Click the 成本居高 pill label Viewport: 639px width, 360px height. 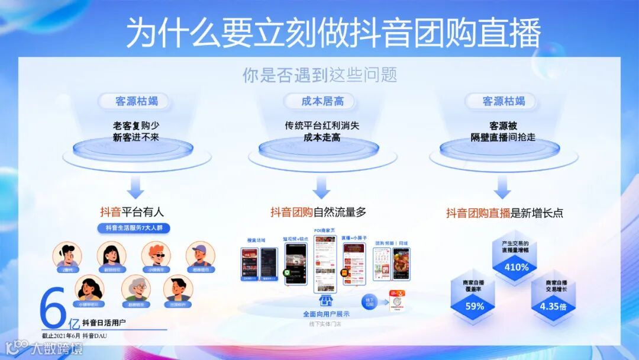[322, 101]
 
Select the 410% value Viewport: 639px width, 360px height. [516, 267]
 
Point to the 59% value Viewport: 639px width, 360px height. [475, 306]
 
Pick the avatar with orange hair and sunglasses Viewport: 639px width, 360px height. [156, 255]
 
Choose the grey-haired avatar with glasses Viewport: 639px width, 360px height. [136, 288]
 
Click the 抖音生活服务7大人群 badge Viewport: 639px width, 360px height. [134, 228]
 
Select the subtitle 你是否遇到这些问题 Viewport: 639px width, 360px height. [319, 75]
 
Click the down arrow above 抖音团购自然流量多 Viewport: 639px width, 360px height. [321, 189]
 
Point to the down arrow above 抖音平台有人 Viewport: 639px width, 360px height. [136, 189]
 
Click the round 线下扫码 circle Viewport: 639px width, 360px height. [370, 300]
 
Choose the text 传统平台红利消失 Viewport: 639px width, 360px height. [321, 126]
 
